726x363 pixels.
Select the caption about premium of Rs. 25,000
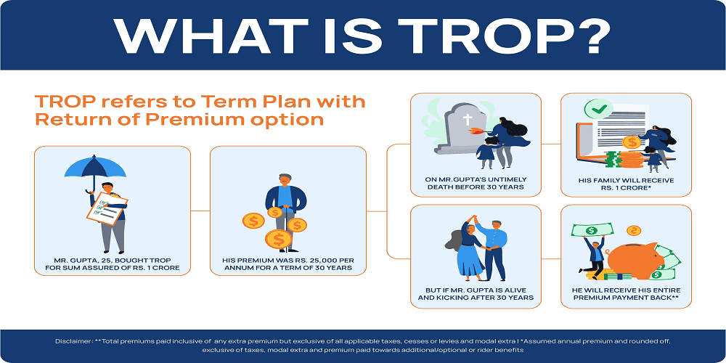288,263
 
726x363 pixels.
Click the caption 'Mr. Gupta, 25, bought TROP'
113,263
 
